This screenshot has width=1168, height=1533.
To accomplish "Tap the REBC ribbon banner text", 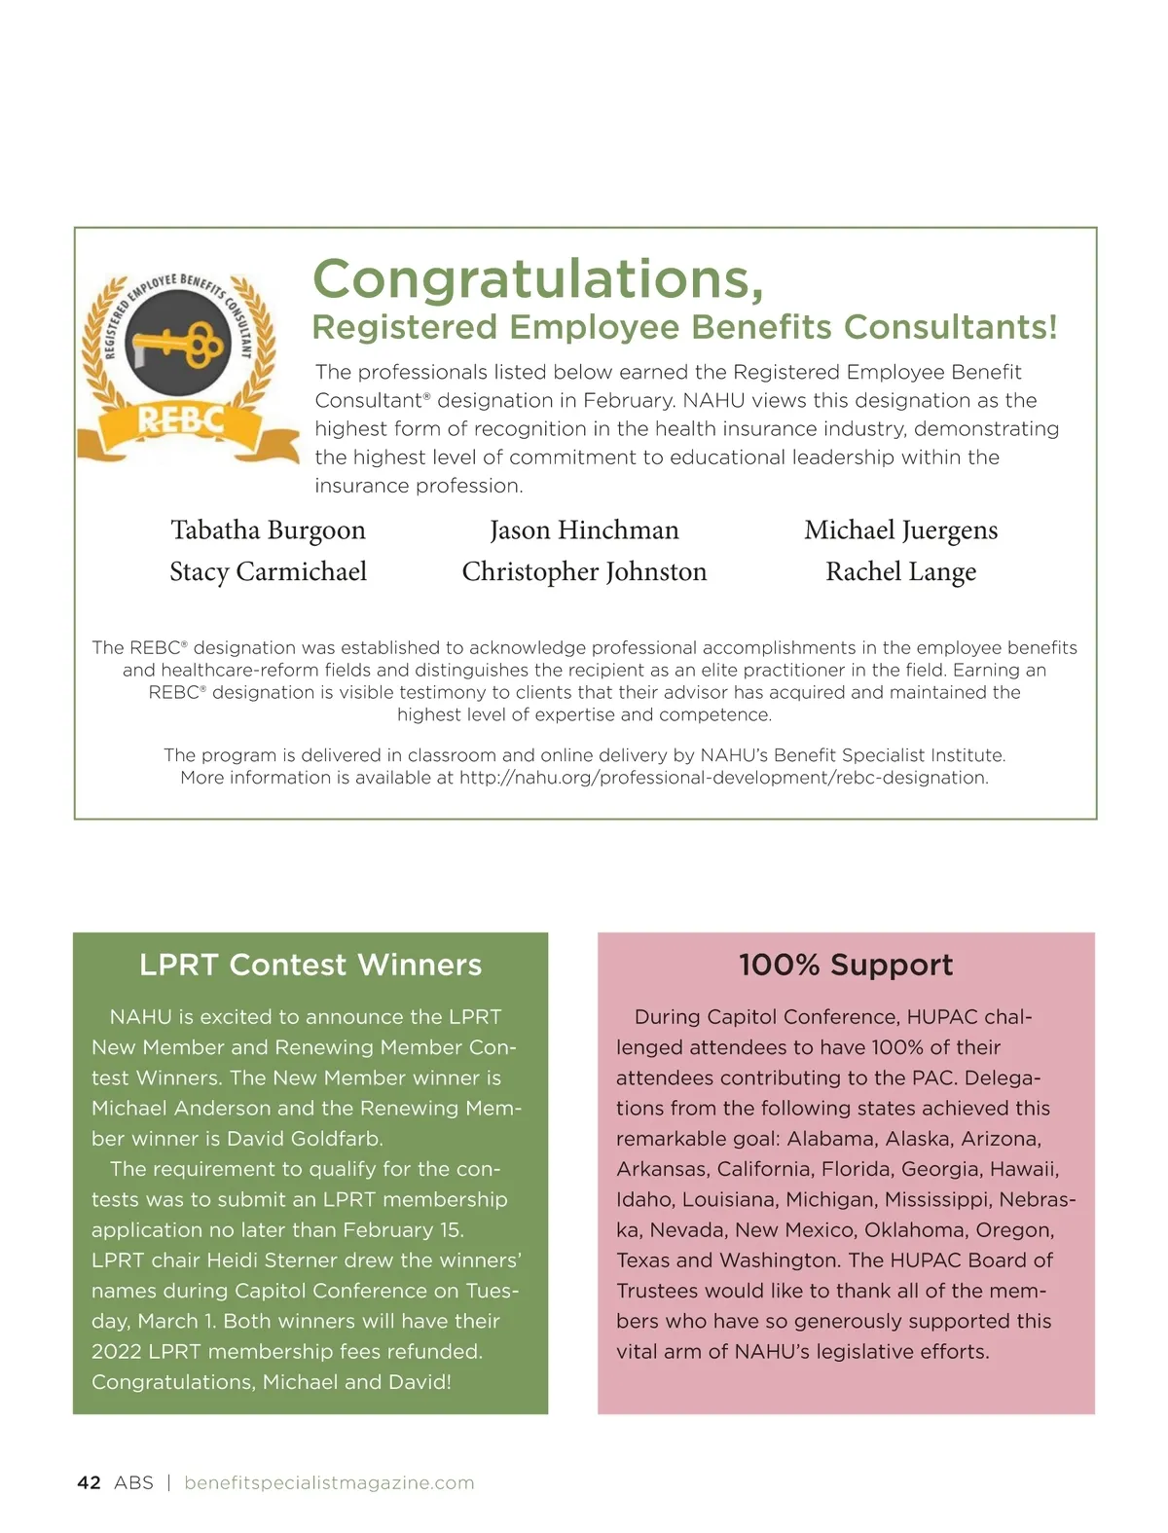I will point(181,420).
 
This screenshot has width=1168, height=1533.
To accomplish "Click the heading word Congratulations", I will point(537,278).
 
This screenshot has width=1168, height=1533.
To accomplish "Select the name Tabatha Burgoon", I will point(268,529).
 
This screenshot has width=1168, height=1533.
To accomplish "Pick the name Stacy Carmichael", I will point(268,571).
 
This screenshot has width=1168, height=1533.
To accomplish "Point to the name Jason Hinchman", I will point(584,529).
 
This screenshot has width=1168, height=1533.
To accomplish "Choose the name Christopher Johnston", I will point(584,571).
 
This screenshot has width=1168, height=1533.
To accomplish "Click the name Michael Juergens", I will point(900,529).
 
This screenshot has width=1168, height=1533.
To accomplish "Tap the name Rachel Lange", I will point(900,571).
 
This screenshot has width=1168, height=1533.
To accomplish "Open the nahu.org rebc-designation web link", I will point(723,778).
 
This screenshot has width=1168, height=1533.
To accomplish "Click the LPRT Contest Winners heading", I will point(310,965).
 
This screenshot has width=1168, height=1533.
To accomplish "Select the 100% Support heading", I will point(846,965).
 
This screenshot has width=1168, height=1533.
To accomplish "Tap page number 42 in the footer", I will point(89,1482).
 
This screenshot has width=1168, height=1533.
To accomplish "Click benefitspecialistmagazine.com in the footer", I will point(329,1482).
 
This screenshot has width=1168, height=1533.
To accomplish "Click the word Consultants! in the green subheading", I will point(950,327).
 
